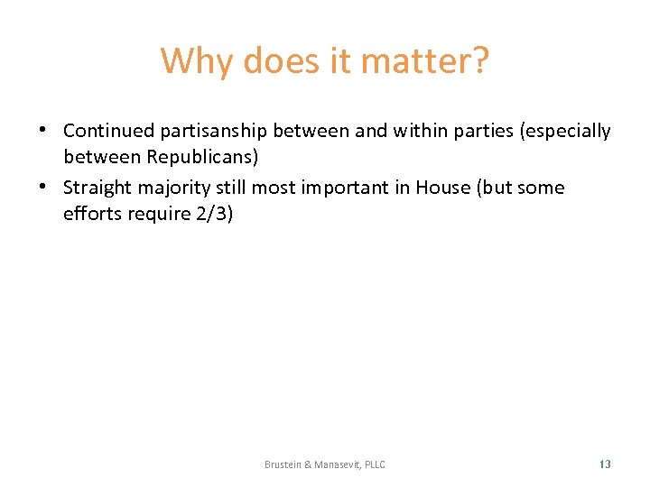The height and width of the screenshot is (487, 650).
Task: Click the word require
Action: (x=153, y=215)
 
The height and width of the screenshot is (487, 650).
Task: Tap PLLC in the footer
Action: (x=375, y=464)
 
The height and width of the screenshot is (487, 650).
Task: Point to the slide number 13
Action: (x=605, y=464)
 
